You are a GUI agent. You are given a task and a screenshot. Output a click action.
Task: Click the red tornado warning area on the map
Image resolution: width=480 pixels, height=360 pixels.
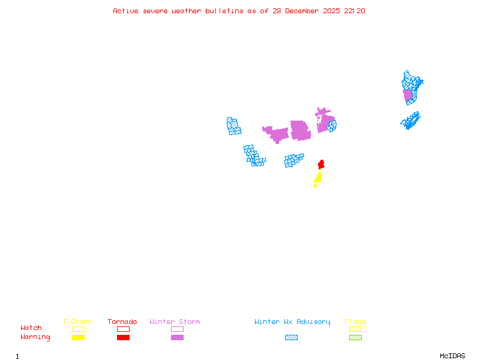321,164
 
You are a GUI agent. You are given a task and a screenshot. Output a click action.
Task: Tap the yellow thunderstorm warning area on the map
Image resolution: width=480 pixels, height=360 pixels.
318,178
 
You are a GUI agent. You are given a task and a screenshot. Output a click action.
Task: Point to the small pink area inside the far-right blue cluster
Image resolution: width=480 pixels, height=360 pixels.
408,95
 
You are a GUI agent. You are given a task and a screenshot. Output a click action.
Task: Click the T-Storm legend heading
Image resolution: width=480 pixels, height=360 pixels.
77,322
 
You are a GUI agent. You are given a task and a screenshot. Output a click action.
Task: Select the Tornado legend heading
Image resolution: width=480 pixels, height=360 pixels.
122,322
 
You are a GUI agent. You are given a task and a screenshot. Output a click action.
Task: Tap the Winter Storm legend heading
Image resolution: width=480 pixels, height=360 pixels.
175,322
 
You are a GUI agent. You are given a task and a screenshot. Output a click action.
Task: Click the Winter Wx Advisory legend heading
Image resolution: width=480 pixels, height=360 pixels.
292,322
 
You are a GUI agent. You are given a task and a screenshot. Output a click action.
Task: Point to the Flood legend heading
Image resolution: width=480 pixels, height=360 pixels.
355,322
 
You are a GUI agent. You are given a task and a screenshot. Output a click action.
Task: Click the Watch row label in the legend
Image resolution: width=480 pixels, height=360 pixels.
31,328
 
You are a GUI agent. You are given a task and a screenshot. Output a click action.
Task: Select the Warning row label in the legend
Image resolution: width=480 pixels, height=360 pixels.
35,337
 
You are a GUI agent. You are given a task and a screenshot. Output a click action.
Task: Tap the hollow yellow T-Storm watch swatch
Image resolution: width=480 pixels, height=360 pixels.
78,329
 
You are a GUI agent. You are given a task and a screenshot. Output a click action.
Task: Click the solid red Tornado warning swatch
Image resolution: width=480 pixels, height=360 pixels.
123,337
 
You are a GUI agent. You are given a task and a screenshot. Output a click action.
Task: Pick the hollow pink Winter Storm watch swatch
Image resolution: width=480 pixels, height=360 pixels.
177,329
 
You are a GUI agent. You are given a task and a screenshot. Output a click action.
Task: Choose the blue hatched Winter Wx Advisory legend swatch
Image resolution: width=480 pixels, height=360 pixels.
291,337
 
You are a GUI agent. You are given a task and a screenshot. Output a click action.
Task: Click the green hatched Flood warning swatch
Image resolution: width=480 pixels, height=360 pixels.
355,337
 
